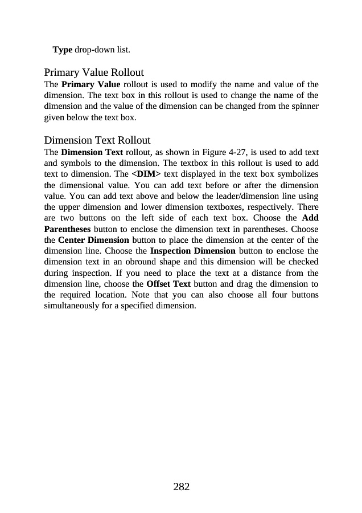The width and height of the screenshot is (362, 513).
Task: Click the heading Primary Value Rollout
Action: (94, 73)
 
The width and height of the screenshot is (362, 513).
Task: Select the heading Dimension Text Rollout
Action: (97, 140)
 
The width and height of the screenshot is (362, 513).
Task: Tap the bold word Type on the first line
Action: (63, 50)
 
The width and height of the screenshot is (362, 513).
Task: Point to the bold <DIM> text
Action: (146, 174)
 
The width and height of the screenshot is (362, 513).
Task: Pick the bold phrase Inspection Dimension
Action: (192, 251)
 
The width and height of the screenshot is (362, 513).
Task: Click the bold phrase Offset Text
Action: (168, 283)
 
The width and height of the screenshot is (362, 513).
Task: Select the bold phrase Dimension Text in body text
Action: (92, 152)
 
